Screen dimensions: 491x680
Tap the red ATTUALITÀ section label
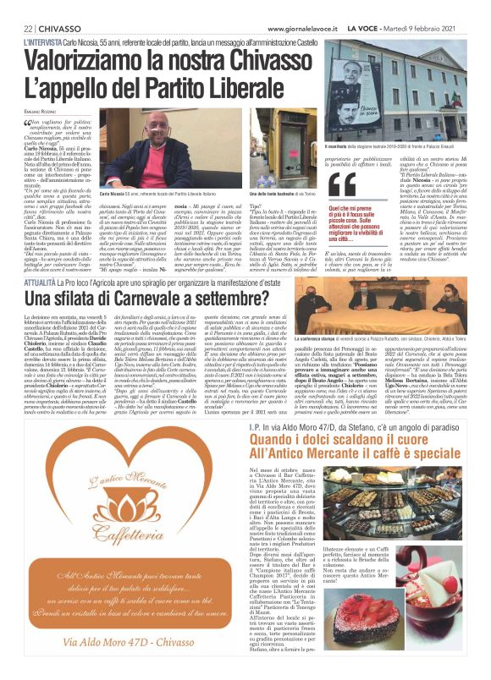(43, 278)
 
